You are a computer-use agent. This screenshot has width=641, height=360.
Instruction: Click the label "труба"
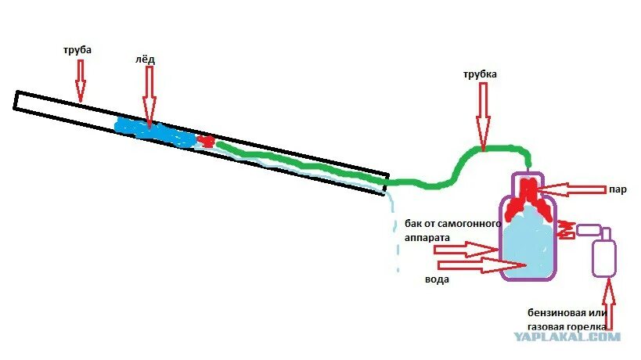77,49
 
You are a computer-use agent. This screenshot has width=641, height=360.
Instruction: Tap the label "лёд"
146,59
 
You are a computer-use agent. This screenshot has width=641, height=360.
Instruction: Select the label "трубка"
480,74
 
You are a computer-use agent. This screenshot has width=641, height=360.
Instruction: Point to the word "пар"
618,189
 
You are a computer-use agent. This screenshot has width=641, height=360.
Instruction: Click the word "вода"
437,279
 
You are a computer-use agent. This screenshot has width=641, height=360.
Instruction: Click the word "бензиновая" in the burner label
553,312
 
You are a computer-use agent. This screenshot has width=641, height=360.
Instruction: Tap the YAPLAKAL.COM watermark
567,337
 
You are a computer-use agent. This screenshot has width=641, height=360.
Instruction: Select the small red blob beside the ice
207,141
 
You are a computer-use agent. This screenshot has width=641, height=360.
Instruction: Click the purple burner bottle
603,254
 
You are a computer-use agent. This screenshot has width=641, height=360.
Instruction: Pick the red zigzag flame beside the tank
566,229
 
